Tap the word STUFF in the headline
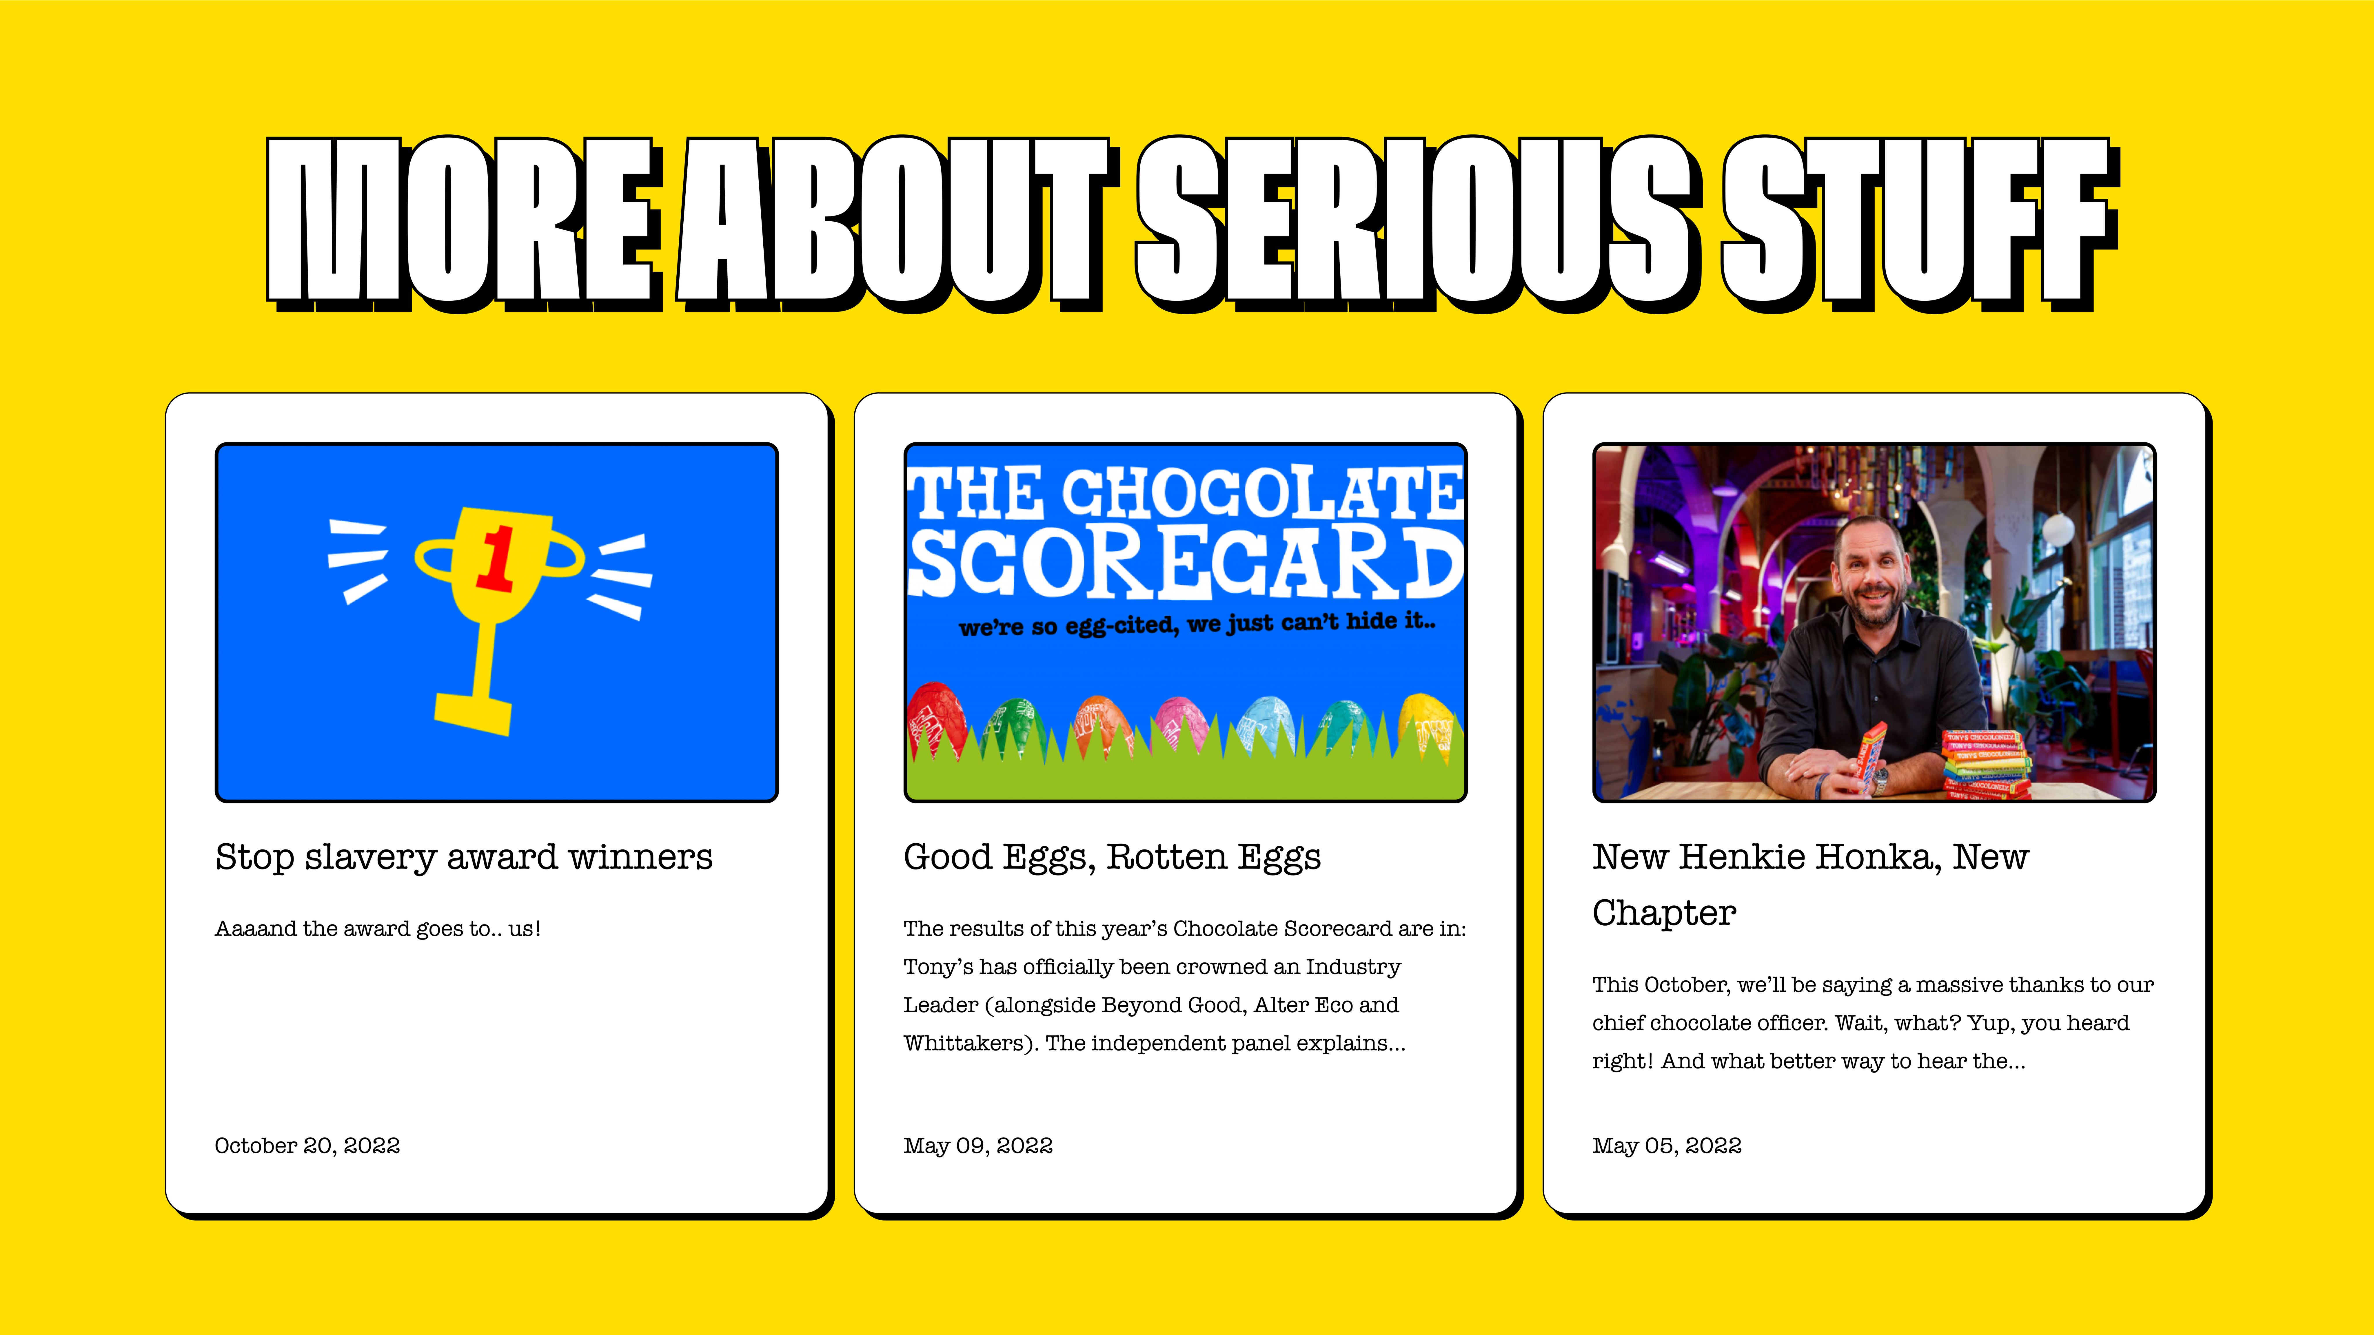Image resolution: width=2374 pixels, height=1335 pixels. point(1922,221)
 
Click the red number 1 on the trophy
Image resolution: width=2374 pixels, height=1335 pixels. point(496,557)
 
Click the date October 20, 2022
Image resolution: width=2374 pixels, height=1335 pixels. point(307,1145)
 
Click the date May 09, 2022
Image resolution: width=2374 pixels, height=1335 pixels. point(978,1145)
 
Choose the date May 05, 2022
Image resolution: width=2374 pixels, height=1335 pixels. point(1667,1145)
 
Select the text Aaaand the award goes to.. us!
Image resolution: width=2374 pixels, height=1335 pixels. point(378,929)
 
